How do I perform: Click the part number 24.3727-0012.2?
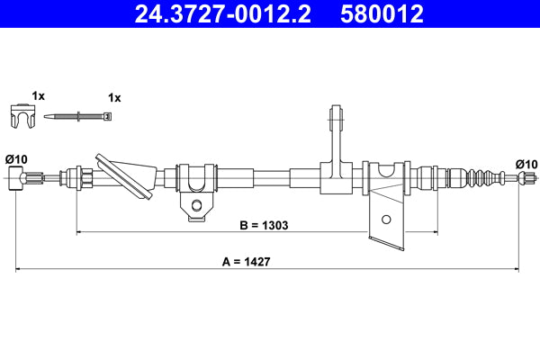[220, 13]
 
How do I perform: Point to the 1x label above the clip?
[38, 94]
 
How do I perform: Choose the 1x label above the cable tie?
[113, 96]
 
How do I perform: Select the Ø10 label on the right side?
[526, 163]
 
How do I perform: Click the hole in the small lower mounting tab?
[196, 208]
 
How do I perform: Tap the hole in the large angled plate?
[386, 219]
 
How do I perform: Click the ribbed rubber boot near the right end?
[481, 176]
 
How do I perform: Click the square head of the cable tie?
[108, 116]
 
